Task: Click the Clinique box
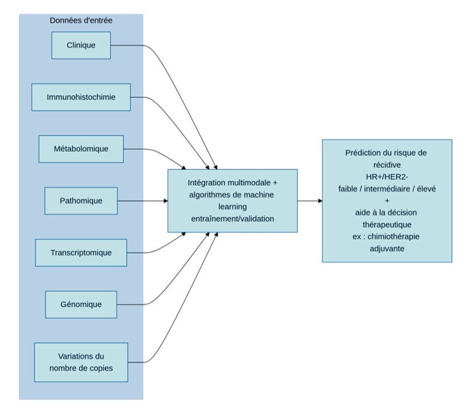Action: tap(81, 45)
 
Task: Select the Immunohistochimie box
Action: tap(81, 97)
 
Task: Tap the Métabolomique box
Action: tap(81, 148)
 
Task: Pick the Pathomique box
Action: tap(81, 201)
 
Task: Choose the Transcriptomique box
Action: tap(81, 252)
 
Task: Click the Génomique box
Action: tap(81, 304)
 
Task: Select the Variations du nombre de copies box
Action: tap(81, 362)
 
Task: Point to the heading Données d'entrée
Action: tap(81, 20)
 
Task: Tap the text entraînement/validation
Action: tap(232, 218)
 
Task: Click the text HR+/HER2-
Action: tap(387, 177)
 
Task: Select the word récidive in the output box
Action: tap(387, 165)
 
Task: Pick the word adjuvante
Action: tap(387, 248)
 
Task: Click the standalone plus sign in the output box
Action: tap(387, 201)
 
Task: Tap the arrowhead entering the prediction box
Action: tap(319, 201)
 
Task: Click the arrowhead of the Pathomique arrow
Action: tap(165, 201)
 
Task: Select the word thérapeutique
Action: tap(387, 224)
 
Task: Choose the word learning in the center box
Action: tap(232, 206)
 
